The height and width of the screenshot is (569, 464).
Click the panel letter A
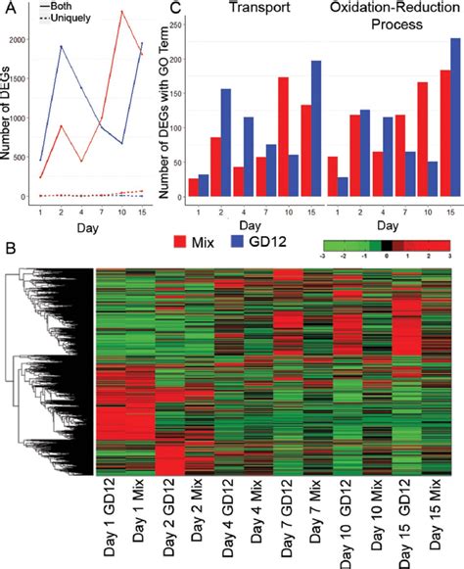click(8, 9)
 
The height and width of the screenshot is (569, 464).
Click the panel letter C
click(175, 9)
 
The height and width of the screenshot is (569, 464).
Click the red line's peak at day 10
click(121, 12)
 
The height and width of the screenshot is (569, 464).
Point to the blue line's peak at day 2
click(62, 46)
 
